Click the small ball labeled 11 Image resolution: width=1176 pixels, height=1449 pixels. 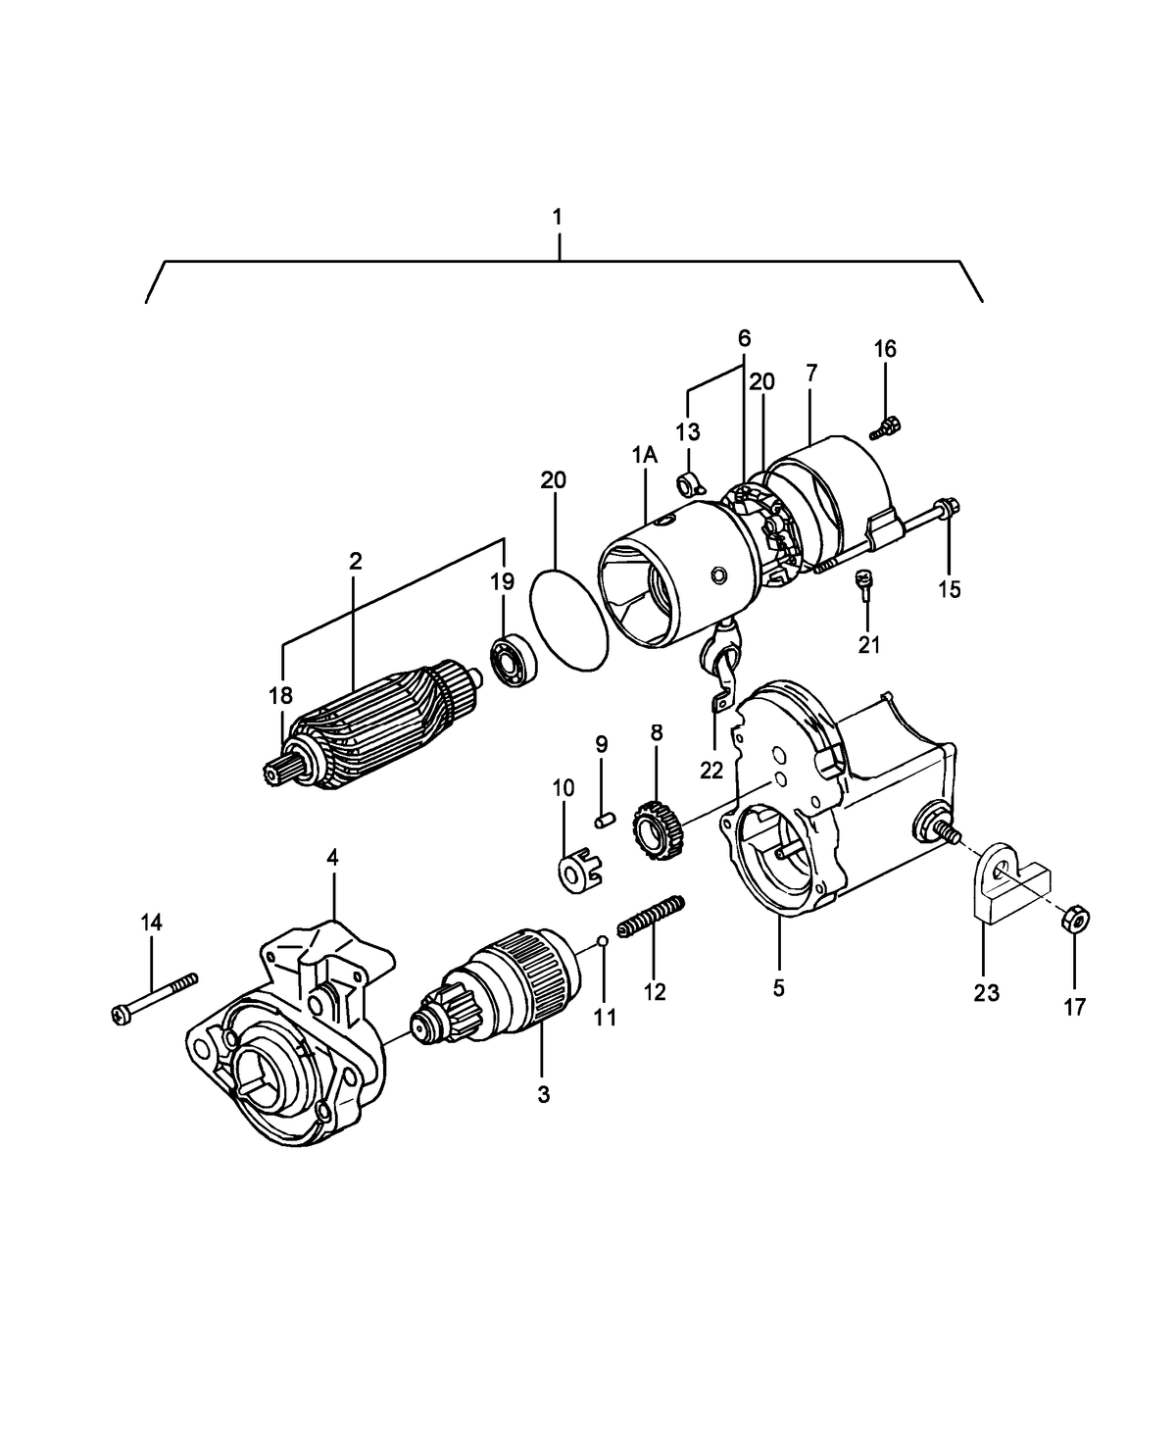tap(605, 941)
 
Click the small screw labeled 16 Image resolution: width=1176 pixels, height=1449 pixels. tap(888, 425)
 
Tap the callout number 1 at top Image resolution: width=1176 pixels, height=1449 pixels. tap(558, 216)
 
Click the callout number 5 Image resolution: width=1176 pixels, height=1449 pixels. tap(778, 987)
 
